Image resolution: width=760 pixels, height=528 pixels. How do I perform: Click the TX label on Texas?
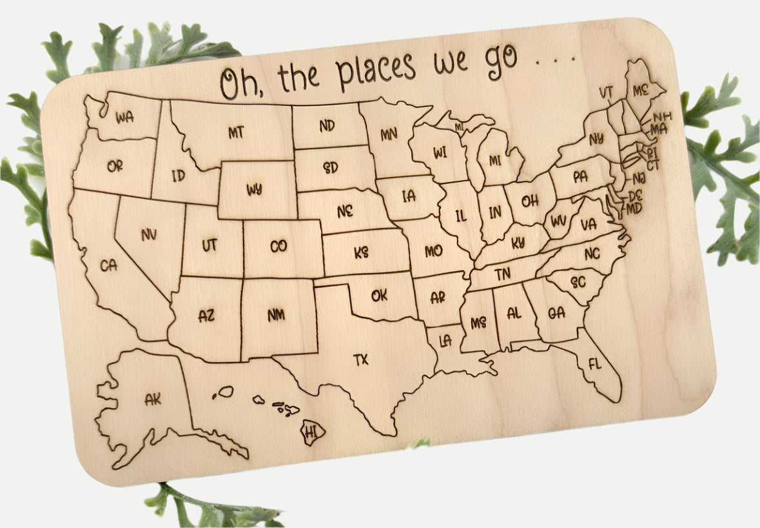pos(361,360)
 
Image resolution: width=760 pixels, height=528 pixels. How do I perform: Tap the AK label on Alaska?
pos(153,400)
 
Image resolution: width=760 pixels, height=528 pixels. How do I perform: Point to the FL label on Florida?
pos(594,364)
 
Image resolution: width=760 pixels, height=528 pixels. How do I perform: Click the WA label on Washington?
pos(124,117)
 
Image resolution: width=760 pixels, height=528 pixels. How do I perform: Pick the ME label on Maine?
pos(640,91)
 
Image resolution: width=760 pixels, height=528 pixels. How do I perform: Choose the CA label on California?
pos(109,265)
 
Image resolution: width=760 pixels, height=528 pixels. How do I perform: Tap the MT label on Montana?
pos(236,132)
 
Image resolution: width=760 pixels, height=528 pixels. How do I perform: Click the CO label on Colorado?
pos(278,246)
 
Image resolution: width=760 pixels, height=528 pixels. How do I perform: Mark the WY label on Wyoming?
pos(254,190)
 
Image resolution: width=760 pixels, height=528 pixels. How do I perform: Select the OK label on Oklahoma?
pos(380,296)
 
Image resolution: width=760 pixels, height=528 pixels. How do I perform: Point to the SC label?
pos(578,282)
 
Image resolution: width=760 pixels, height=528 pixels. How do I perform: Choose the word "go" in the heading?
pos(502,59)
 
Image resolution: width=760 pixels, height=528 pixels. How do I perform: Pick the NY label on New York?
pos(596,137)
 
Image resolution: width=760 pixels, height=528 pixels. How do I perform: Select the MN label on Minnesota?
pos(389,134)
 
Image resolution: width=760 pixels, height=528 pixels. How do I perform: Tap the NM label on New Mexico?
pos(277,315)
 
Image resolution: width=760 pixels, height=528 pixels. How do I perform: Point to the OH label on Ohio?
pos(530,201)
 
